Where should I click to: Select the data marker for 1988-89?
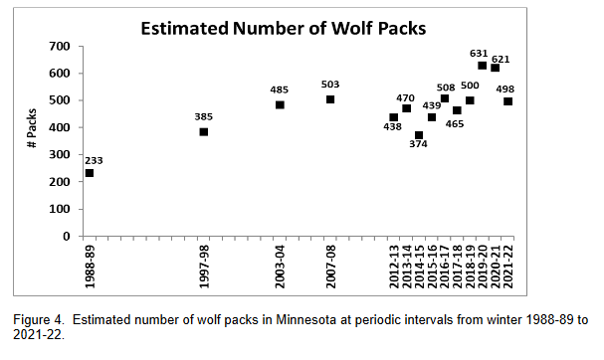point(90,173)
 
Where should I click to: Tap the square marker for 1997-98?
point(204,131)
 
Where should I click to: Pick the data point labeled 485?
point(280,104)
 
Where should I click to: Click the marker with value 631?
point(483,66)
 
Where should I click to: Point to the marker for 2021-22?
point(508,100)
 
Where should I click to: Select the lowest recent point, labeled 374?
point(419,135)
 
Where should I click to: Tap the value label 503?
point(330,85)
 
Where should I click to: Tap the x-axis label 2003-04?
point(281,265)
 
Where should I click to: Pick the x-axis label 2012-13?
point(394,265)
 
